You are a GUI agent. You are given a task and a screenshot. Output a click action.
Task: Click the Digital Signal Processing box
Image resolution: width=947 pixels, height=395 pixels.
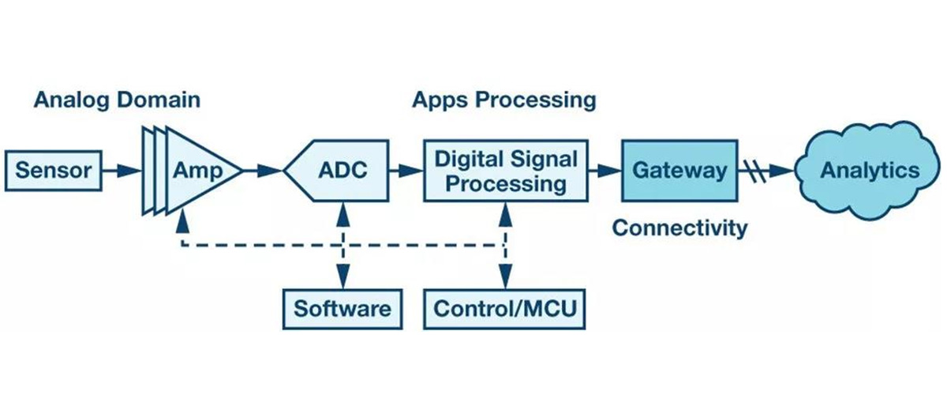click(507, 171)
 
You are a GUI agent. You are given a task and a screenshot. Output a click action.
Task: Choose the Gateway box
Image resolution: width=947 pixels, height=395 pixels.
click(679, 171)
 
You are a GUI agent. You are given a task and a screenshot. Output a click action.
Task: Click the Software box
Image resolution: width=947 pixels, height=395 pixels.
click(342, 307)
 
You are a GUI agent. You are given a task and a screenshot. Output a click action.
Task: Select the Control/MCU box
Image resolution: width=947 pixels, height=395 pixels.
click(506, 307)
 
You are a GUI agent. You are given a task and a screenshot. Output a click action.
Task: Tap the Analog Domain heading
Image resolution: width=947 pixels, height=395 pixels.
click(117, 101)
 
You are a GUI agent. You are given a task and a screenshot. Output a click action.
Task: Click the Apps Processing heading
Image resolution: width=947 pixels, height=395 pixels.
click(503, 101)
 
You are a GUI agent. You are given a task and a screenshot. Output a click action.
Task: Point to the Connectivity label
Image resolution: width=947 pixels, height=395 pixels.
click(679, 228)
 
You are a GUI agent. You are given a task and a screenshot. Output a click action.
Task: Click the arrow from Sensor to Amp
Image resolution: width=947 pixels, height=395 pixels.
click(122, 170)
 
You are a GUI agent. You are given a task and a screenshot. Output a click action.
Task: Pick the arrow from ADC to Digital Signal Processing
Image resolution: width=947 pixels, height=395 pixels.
click(407, 170)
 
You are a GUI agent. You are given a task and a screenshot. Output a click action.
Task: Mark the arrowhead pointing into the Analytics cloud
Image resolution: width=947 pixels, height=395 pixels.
click(784, 170)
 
